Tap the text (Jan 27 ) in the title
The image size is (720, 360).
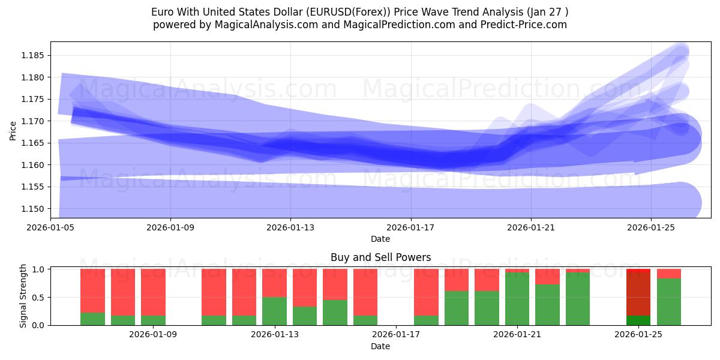(x=547, y=12)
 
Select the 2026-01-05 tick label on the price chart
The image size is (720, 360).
(x=50, y=227)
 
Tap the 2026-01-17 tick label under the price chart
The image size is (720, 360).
(x=410, y=227)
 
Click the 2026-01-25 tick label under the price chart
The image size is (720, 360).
(x=651, y=227)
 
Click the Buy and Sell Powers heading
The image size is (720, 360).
(x=380, y=257)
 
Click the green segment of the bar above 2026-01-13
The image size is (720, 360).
(x=274, y=311)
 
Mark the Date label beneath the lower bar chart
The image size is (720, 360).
(x=380, y=346)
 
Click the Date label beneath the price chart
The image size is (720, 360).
(x=380, y=239)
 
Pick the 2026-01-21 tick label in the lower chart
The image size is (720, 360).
(x=517, y=335)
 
